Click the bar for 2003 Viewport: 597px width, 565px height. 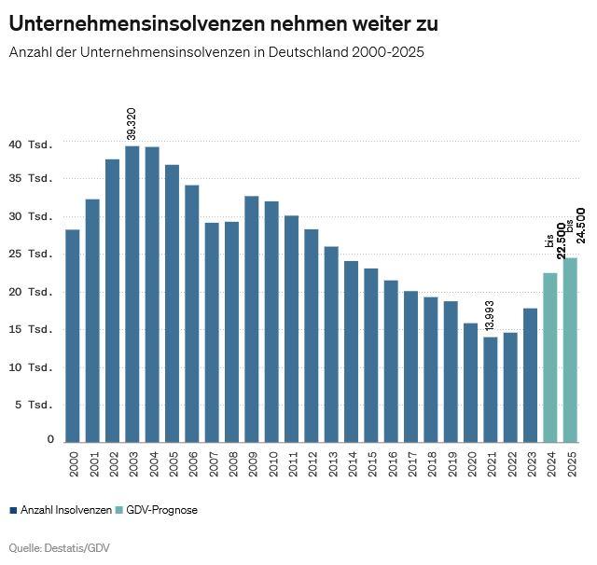(132, 294)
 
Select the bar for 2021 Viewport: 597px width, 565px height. (491, 389)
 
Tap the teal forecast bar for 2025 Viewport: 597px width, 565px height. (570, 350)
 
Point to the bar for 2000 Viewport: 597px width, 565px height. (73, 336)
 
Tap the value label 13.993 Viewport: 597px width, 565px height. (491, 317)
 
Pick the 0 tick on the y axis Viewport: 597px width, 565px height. (51, 439)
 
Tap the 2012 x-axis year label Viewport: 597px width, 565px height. (312, 462)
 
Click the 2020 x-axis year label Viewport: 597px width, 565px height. (471, 462)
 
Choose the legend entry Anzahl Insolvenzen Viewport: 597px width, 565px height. (61, 510)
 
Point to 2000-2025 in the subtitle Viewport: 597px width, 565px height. (388, 52)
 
